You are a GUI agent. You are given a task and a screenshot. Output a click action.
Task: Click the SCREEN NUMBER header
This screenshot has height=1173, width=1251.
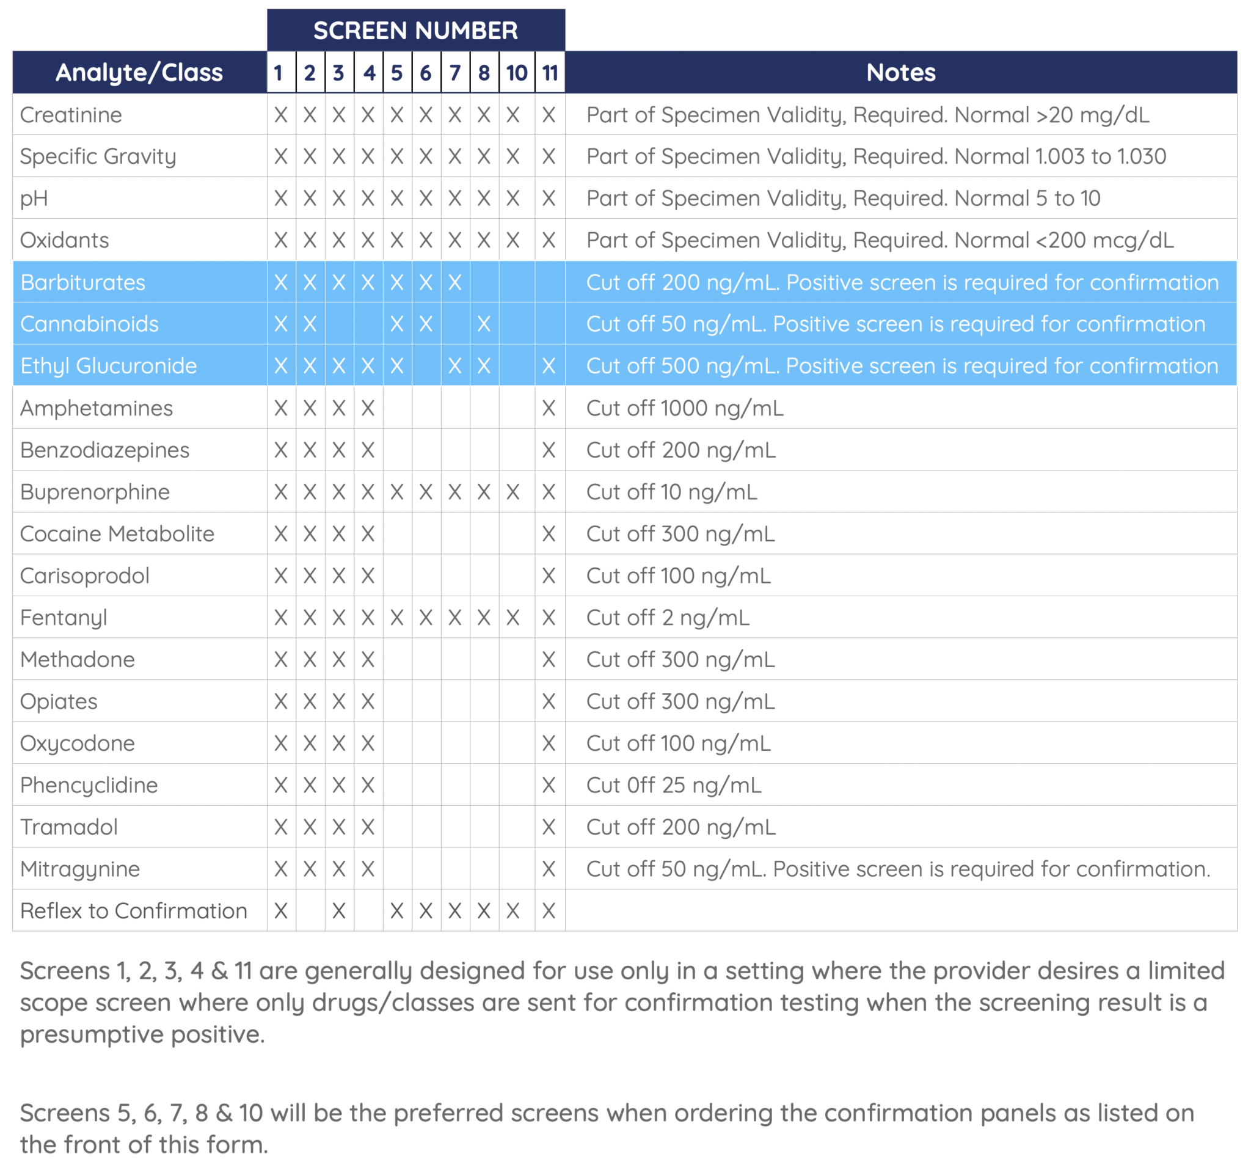point(415,30)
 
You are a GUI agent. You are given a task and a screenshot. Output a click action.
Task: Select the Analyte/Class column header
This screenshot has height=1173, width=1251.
point(139,72)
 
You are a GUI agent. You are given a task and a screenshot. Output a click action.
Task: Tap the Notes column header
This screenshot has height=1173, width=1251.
point(900,72)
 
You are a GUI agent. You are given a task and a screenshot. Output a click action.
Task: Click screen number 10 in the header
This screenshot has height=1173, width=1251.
point(517,73)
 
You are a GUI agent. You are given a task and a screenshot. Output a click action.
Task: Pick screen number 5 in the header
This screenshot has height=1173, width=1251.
point(396,73)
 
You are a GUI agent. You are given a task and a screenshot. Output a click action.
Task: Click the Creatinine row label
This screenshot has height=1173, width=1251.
point(71,114)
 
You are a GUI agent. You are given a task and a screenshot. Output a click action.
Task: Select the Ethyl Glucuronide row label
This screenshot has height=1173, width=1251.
point(108,365)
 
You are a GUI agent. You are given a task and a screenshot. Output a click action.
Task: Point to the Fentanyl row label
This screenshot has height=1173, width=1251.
point(64,617)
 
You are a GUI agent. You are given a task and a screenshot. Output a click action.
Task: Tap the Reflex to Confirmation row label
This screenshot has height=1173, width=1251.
point(133,910)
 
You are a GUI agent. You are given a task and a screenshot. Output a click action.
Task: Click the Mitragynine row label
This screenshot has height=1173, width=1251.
point(80,869)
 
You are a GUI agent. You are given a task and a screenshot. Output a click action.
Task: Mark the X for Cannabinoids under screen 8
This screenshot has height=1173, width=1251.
point(483,324)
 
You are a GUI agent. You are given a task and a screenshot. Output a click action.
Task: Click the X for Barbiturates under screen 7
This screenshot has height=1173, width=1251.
point(454,282)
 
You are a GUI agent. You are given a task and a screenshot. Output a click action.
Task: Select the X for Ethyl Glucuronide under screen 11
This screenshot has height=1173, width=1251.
point(549,365)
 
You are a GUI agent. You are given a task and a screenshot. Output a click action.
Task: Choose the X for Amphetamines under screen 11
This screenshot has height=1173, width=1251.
point(549,408)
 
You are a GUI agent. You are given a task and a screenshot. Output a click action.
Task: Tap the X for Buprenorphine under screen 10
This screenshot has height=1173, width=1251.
point(513,492)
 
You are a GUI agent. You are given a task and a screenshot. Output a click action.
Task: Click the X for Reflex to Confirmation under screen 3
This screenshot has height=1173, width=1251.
point(338,910)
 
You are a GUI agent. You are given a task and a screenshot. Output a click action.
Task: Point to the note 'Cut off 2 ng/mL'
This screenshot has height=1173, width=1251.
point(668,617)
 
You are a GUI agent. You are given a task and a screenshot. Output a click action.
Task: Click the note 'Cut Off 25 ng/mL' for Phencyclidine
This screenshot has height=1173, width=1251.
point(673,785)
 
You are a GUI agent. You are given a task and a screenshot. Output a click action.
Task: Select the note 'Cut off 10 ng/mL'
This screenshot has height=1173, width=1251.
point(671,492)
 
